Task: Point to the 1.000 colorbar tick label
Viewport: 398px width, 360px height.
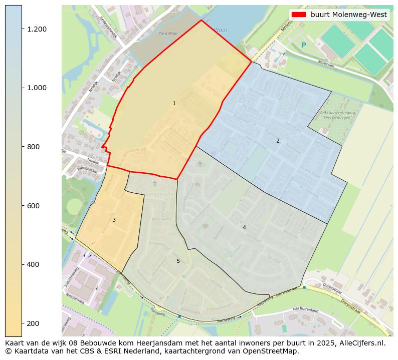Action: [37, 88]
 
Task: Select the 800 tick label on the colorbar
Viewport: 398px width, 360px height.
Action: [34, 147]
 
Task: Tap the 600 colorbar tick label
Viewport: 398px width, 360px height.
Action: [34, 206]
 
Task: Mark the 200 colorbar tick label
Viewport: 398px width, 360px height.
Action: [34, 323]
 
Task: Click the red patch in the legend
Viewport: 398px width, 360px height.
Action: [299, 15]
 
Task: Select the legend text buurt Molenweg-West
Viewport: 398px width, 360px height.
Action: [349, 15]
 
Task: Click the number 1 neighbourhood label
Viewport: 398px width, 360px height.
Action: [174, 104]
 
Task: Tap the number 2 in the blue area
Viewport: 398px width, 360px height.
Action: [278, 141]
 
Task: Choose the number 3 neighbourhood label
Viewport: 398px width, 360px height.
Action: [114, 220]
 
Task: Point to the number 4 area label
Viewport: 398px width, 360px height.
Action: [244, 228]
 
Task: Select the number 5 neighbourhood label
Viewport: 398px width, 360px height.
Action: [177, 261]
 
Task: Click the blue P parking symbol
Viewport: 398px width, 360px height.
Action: [304, 46]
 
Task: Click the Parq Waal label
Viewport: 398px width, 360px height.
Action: [167, 34]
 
